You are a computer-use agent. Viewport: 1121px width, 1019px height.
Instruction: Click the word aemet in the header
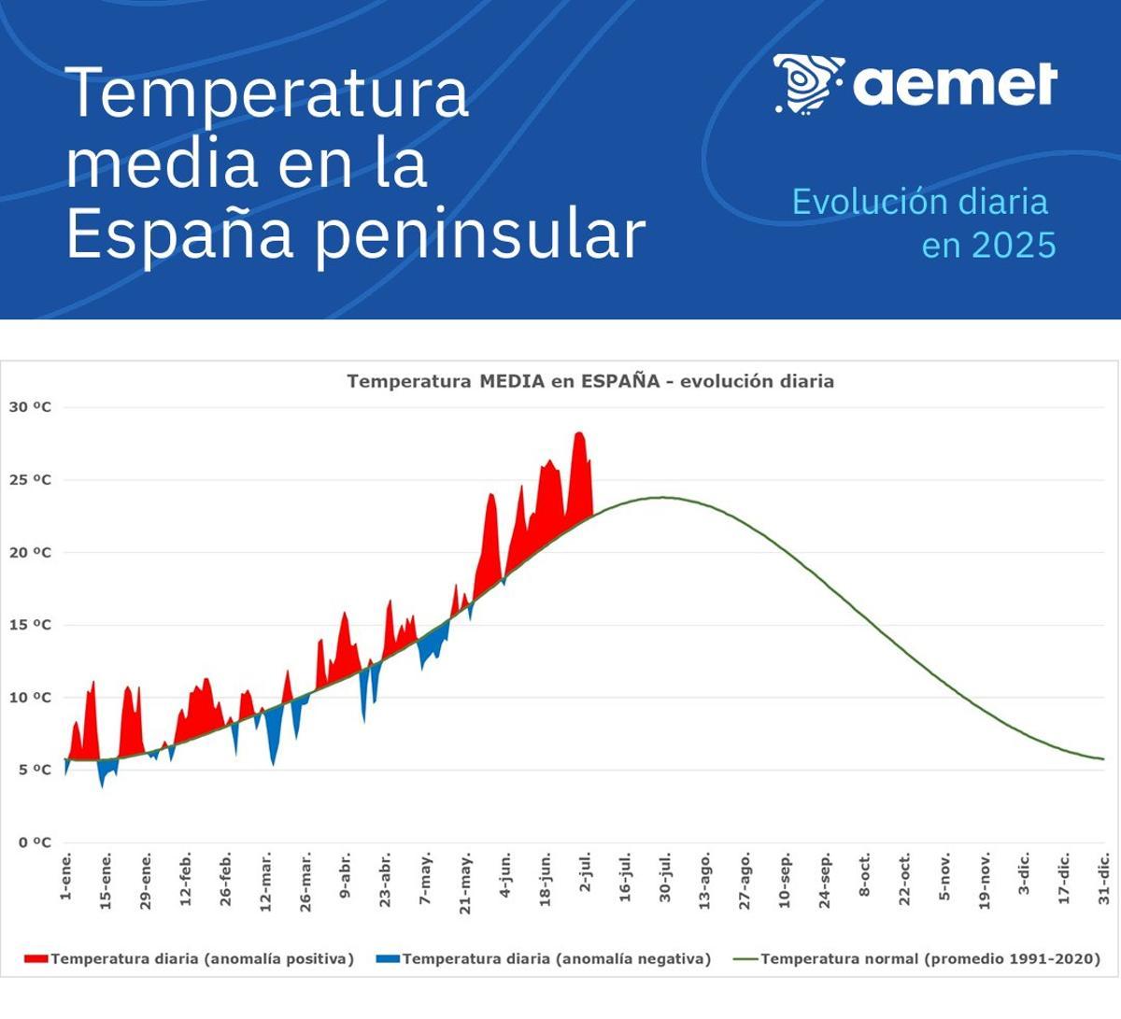955,84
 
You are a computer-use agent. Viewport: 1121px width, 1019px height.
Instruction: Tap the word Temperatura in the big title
267,92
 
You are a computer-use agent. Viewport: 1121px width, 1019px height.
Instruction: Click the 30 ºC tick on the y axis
30,407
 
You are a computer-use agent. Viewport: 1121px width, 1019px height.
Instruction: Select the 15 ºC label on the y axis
30,625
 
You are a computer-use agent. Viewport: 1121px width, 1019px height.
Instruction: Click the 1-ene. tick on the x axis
66,877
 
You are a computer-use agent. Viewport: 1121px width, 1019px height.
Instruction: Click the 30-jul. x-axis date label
665,877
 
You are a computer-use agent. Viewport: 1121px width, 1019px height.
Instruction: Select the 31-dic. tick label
1103,878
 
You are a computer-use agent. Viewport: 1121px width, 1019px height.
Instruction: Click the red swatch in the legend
35,959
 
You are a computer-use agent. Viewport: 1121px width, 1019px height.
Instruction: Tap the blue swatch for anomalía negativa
387,959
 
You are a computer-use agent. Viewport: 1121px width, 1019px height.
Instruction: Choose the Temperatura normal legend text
929,959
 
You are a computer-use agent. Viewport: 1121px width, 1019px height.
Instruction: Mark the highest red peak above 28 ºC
579,433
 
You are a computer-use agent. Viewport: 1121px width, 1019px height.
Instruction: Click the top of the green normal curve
663,498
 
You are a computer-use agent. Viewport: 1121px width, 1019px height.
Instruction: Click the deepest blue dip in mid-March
273,764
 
